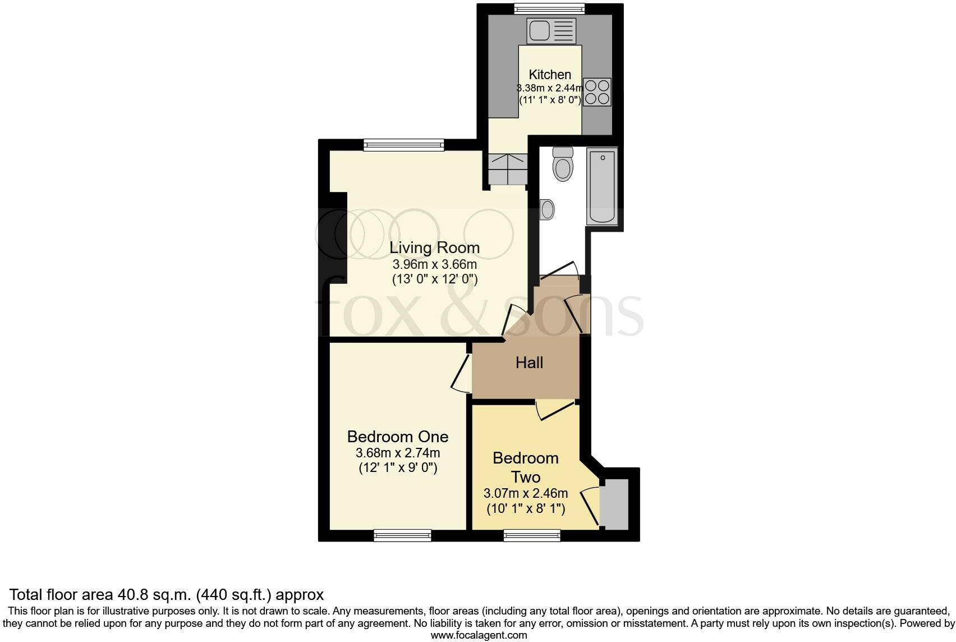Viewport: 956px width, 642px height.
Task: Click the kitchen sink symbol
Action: pyautogui.click(x=551, y=30)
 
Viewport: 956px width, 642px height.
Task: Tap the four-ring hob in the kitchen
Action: pyautogui.click(x=597, y=92)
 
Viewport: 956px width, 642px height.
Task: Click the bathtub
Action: pyautogui.click(x=602, y=186)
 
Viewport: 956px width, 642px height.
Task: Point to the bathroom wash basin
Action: pyautogui.click(x=547, y=209)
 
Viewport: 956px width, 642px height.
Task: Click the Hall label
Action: pyautogui.click(x=529, y=363)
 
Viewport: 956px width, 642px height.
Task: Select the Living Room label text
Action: pyautogui.click(x=434, y=247)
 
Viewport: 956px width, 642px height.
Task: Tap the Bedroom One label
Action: pyautogui.click(x=397, y=437)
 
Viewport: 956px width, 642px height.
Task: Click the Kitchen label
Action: pyautogui.click(x=550, y=75)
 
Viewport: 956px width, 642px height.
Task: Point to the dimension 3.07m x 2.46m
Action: pyautogui.click(x=526, y=494)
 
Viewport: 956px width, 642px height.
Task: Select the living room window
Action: pyautogui.click(x=403, y=145)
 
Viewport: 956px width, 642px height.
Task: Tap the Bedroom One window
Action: pyautogui.click(x=402, y=535)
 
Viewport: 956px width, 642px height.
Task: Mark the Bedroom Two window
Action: pyautogui.click(x=532, y=535)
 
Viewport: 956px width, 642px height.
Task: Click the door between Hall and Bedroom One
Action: pyautogui.click(x=461, y=373)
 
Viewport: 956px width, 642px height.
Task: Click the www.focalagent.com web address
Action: pyautogui.click(x=479, y=635)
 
